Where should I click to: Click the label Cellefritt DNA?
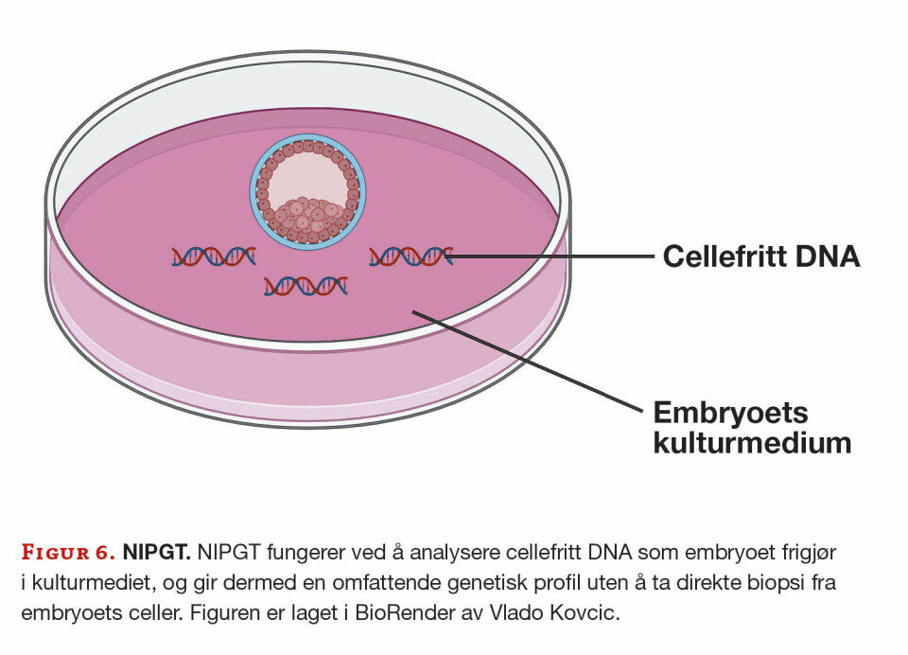(761, 257)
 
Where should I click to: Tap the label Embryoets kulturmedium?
(753, 427)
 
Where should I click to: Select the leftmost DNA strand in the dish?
(214, 256)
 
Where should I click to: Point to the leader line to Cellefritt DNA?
(553, 257)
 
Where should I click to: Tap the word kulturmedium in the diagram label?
(753, 442)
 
